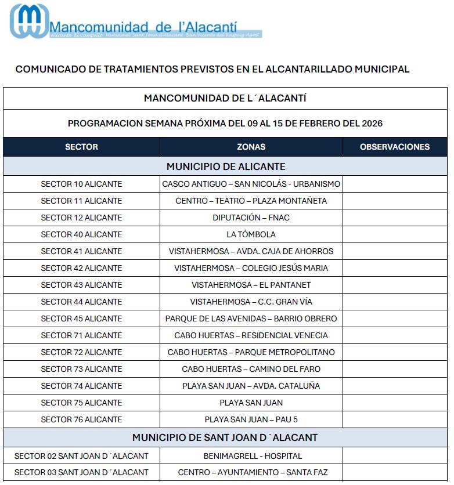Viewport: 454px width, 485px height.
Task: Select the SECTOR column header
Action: (x=81, y=147)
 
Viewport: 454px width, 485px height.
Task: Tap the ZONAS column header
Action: (x=251, y=147)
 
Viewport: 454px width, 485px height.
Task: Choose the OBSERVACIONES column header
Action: (x=395, y=147)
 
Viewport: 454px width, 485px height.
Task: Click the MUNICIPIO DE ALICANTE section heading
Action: (x=226, y=167)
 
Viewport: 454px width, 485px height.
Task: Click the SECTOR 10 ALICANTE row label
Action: (x=81, y=184)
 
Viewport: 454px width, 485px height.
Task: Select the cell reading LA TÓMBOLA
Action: (x=251, y=234)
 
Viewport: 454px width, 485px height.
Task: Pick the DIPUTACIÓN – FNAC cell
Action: (x=251, y=218)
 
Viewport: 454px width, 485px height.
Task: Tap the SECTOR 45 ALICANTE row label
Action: (x=81, y=318)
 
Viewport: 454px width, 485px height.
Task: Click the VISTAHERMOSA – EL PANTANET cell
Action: (x=251, y=285)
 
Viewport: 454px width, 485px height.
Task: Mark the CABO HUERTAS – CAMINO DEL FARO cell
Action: (x=251, y=369)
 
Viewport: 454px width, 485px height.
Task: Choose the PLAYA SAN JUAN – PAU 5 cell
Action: (x=251, y=419)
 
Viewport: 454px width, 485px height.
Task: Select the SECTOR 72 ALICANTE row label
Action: (x=81, y=352)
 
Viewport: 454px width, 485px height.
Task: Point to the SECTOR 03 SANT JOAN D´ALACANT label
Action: (x=81, y=472)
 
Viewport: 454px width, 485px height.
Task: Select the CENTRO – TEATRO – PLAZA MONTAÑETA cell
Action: (x=251, y=201)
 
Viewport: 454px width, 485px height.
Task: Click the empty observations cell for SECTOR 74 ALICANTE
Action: (x=395, y=386)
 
